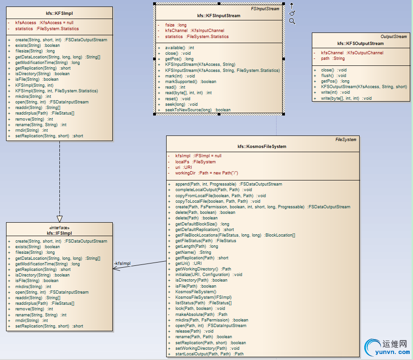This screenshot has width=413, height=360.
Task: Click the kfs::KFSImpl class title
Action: [x=60, y=13]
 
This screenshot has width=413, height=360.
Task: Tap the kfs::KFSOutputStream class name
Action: [x=361, y=44]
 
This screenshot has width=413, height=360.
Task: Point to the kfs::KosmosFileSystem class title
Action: [x=262, y=147]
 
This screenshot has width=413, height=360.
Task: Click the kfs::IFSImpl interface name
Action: [x=59, y=233]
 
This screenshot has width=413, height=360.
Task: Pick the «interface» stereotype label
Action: [x=59, y=228]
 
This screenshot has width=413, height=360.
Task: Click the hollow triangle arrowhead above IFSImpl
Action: [x=59, y=219]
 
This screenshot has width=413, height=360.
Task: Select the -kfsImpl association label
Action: [x=123, y=264]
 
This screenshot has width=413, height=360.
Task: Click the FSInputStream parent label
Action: [x=266, y=8]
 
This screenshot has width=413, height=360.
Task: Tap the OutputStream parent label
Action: [x=394, y=37]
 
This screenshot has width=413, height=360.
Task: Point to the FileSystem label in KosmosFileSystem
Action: [x=346, y=140]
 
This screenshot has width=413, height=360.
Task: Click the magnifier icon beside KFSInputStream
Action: [x=292, y=21]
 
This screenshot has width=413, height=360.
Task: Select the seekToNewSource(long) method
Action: [x=198, y=110]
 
